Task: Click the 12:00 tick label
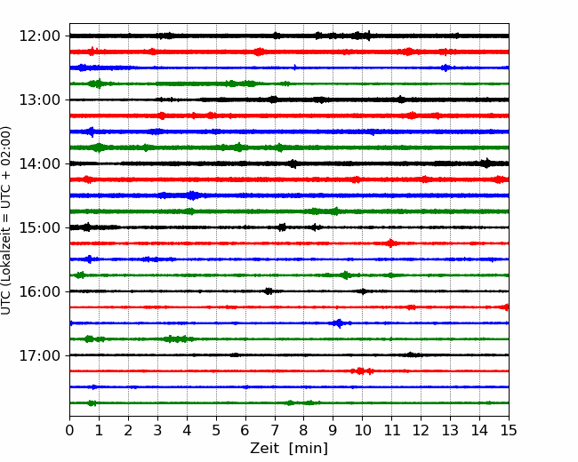pyautogui.click(x=39, y=36)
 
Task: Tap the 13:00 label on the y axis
pyautogui.click(x=39, y=100)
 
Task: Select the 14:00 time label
pyautogui.click(x=39, y=163)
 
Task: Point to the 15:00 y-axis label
pyautogui.click(x=39, y=227)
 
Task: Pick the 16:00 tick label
pyautogui.click(x=39, y=291)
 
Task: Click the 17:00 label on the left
pyautogui.click(x=39, y=355)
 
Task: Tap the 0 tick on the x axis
pyautogui.click(x=69, y=430)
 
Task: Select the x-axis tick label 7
pyautogui.click(x=275, y=430)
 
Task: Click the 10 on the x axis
pyautogui.click(x=362, y=430)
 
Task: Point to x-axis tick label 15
pyautogui.click(x=509, y=430)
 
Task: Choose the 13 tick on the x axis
pyautogui.click(x=450, y=430)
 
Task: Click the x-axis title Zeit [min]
pyautogui.click(x=289, y=449)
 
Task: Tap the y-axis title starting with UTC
pyautogui.click(x=6, y=220)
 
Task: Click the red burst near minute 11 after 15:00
pyautogui.click(x=390, y=243)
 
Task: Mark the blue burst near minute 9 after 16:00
pyautogui.click(x=339, y=323)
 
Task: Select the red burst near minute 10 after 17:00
pyautogui.click(x=361, y=371)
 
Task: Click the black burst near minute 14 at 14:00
pyautogui.click(x=486, y=163)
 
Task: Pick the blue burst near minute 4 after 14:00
pyautogui.click(x=192, y=195)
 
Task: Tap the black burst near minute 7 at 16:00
pyautogui.click(x=269, y=291)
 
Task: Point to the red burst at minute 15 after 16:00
pyautogui.click(x=506, y=307)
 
